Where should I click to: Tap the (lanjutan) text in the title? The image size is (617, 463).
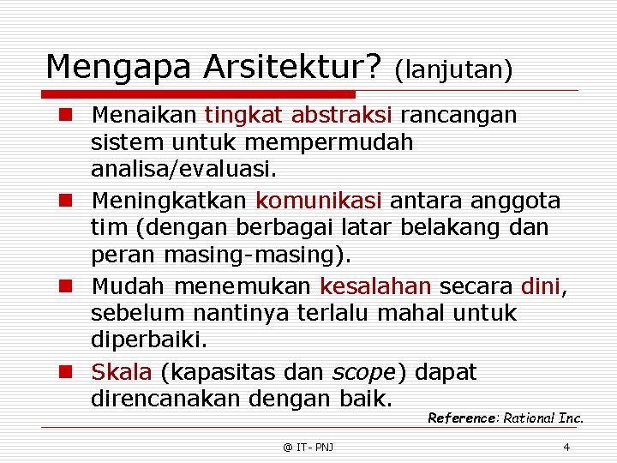click(453, 69)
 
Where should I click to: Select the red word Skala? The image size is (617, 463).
click(122, 372)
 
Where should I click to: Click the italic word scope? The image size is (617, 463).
click(362, 373)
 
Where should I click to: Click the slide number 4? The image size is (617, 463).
click(566, 447)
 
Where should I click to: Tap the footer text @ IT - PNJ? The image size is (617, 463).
click(308, 447)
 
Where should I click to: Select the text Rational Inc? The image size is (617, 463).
click(543, 418)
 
